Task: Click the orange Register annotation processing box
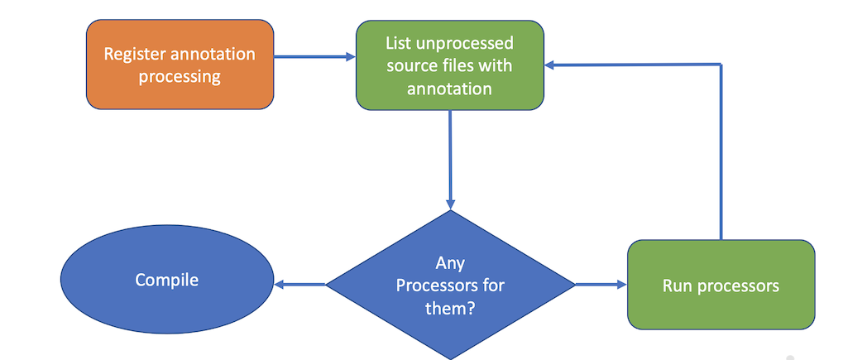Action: [180, 65]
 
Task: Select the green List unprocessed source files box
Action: [449, 65]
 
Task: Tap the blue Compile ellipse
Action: [167, 280]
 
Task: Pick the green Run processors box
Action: [721, 285]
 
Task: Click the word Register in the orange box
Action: [134, 54]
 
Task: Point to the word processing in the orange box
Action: [180, 77]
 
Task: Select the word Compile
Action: [167, 280]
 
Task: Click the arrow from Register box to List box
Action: [314, 57]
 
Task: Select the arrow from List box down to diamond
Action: [450, 157]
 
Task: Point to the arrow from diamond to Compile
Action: [299, 285]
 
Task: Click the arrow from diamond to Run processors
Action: [601, 285]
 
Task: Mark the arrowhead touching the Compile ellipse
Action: [280, 285]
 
